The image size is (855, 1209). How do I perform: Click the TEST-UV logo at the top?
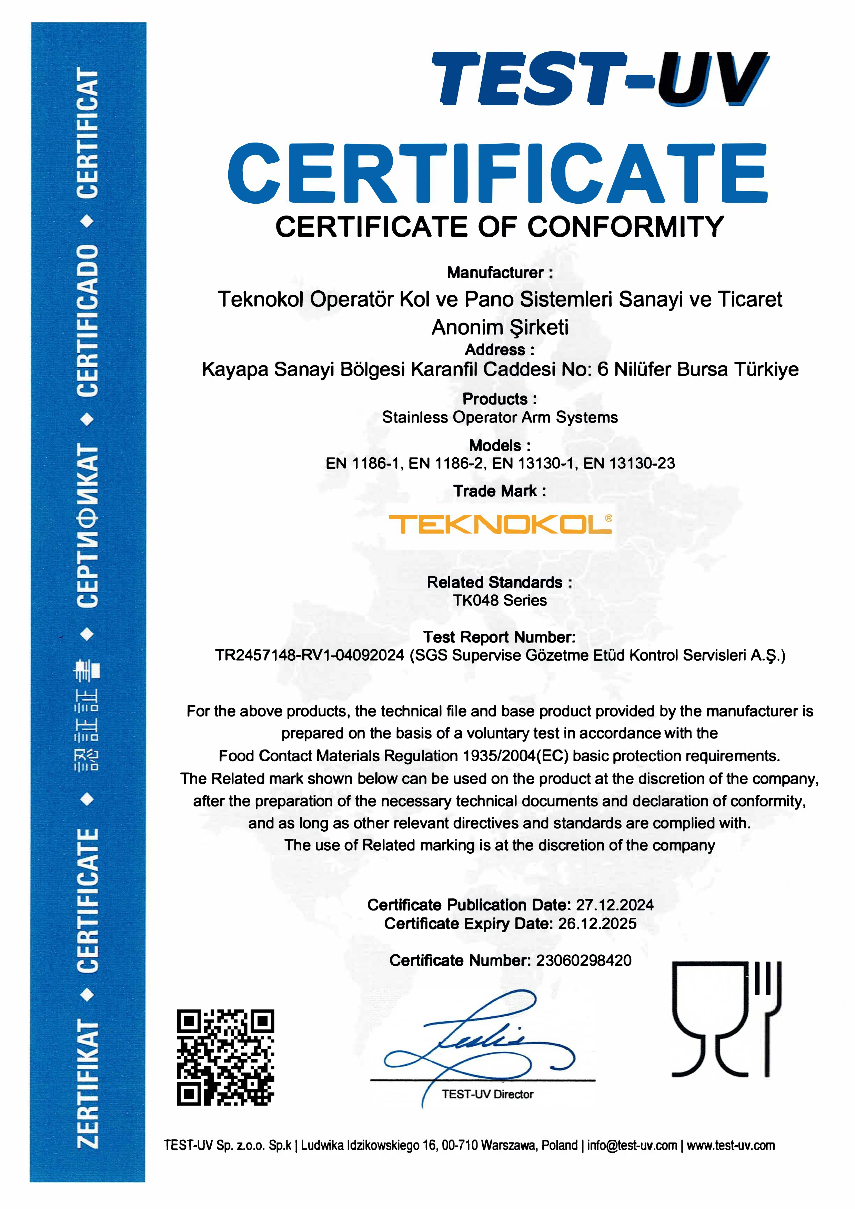(x=600, y=79)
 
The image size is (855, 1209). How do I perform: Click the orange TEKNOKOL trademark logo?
(x=500, y=525)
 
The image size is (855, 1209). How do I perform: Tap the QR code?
(x=225, y=1057)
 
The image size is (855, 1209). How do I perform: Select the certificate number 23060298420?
(x=583, y=961)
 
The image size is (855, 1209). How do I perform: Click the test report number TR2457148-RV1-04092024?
(x=309, y=656)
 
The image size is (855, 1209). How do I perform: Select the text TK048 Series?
(x=500, y=600)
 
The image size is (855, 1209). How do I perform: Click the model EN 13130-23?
(x=629, y=464)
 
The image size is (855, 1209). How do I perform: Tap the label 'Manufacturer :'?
(x=500, y=273)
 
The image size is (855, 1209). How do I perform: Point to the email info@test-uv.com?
(x=632, y=1145)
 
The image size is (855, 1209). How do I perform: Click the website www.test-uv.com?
(x=730, y=1145)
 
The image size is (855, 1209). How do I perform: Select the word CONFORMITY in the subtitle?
(x=625, y=227)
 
